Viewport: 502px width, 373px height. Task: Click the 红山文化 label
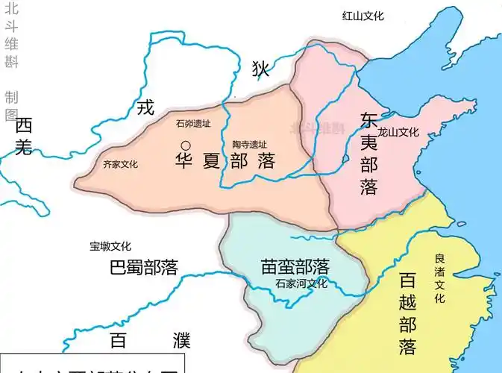pos(368,16)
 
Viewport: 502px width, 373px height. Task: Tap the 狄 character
pos(260,69)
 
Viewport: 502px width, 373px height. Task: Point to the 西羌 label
pos(23,136)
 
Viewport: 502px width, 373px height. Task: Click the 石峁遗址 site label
pos(191,124)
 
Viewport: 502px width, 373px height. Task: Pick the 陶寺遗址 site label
pos(248,144)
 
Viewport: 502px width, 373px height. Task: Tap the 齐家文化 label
pos(120,164)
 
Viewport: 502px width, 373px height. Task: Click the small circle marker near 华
pos(184,144)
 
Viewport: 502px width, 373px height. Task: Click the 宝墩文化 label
pos(110,246)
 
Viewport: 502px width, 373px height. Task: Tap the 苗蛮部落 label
pos(295,266)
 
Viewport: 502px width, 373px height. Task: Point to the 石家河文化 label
pos(301,283)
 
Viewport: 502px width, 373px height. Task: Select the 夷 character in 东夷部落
pos(368,142)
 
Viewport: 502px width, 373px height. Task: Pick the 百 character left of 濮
pos(118,342)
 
